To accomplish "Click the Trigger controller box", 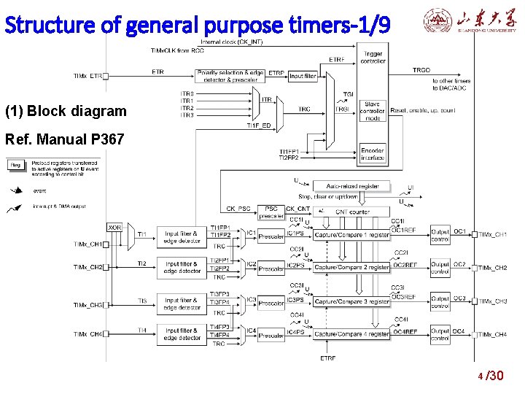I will pyautogui.click(x=372, y=58).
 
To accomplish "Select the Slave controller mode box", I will pyautogui.click(x=372, y=109).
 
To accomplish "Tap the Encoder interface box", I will pyautogui.click(x=372, y=154).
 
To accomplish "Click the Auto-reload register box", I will pyautogui.click(x=353, y=186).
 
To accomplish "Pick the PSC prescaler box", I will pyautogui.click(x=271, y=212).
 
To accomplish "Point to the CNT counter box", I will pyautogui.click(x=352, y=212).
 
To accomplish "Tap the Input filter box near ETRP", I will pyautogui.click(x=303, y=76).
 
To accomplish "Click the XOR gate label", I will pyautogui.click(x=114, y=228).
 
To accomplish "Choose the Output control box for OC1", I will pyautogui.click(x=440, y=234).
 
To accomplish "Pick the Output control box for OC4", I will pyautogui.click(x=440, y=335).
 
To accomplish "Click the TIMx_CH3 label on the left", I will pyautogui.click(x=88, y=305).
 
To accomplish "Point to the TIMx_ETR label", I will pyautogui.click(x=88, y=76).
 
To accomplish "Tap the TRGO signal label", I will pyautogui.click(x=421, y=70).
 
